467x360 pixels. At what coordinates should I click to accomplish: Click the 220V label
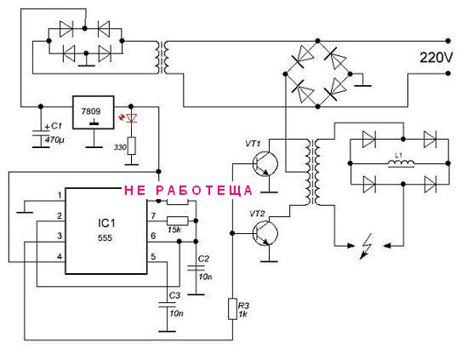(x=436, y=57)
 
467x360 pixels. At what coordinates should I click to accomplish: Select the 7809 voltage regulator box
(x=94, y=112)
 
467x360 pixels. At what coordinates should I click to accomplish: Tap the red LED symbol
(x=131, y=118)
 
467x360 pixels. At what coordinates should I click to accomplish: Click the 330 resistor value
(x=120, y=147)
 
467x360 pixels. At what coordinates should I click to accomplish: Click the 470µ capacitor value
(x=54, y=140)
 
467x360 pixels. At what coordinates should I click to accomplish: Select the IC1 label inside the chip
(x=106, y=223)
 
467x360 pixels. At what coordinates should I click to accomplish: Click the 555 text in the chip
(x=105, y=237)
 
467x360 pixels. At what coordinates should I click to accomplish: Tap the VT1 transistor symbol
(x=265, y=163)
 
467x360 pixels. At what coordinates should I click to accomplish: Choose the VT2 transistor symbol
(x=265, y=233)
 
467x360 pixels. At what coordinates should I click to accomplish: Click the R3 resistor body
(x=232, y=309)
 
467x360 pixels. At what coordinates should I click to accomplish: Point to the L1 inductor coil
(x=401, y=163)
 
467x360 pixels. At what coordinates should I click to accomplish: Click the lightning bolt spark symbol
(x=366, y=246)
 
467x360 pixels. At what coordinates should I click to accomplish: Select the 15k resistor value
(x=174, y=230)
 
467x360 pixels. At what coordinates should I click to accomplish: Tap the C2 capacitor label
(x=203, y=259)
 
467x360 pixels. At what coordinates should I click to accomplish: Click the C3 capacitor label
(x=174, y=295)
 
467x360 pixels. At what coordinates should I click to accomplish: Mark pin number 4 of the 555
(x=60, y=256)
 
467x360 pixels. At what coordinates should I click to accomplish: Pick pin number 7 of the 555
(x=153, y=215)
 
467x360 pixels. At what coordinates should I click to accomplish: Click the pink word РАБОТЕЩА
(x=204, y=191)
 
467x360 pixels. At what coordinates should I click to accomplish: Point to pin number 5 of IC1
(x=153, y=256)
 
